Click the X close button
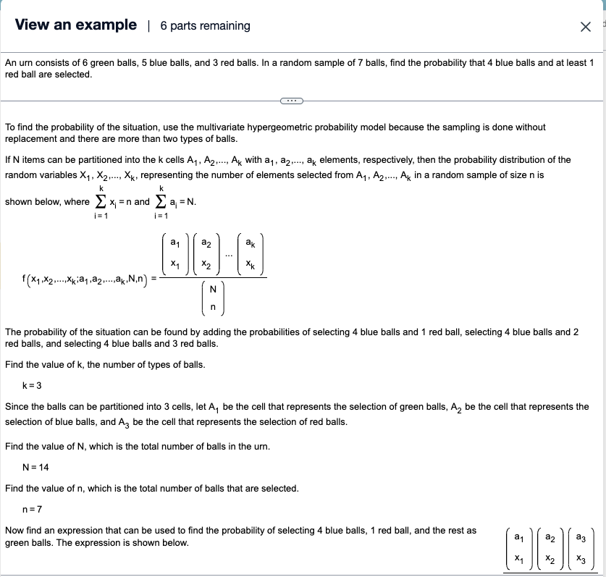(x=585, y=27)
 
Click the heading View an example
(x=75, y=25)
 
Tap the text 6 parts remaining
(x=205, y=26)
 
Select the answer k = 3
(x=35, y=385)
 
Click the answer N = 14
(x=36, y=467)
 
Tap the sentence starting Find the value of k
(x=105, y=364)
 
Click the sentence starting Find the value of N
(x=138, y=447)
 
